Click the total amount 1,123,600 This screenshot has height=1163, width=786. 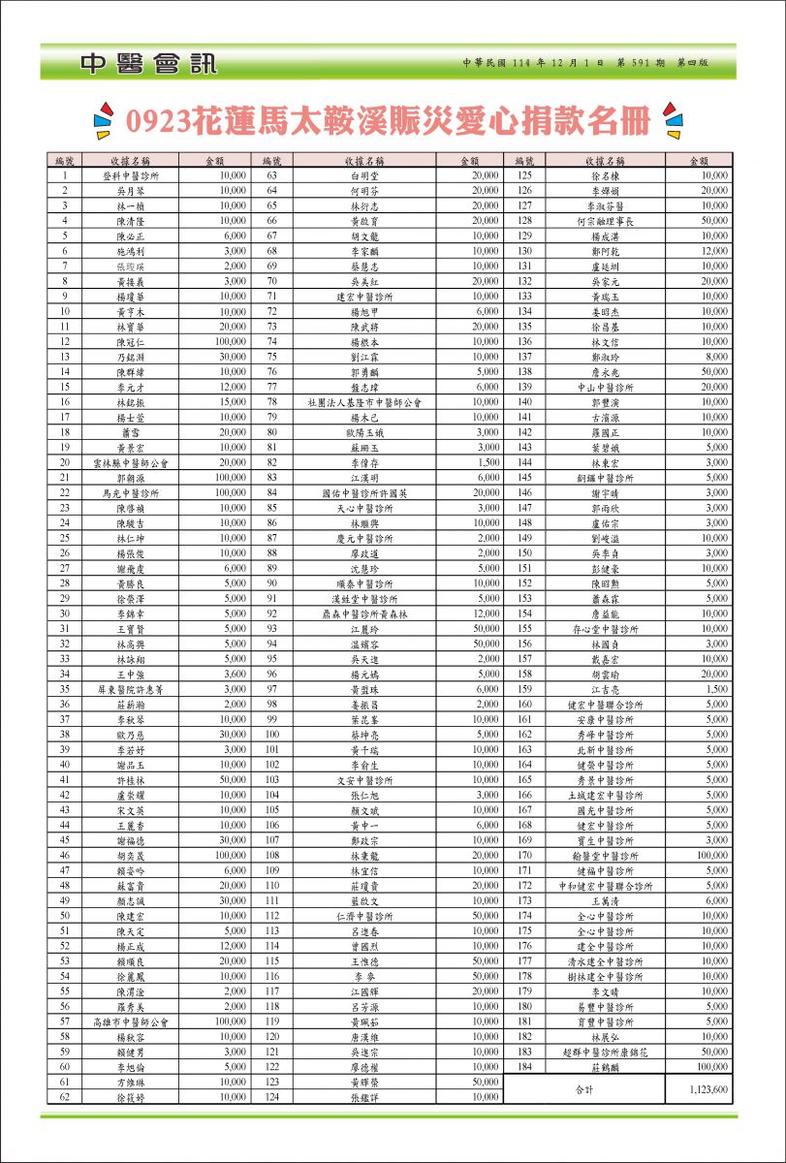coord(708,1089)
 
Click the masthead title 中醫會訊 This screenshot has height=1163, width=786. coord(149,64)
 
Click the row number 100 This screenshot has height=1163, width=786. coord(272,736)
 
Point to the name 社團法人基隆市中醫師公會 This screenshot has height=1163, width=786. coord(364,401)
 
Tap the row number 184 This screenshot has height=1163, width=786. coord(525,1066)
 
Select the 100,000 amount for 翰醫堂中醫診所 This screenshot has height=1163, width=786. coord(710,855)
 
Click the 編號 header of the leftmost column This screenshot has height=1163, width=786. coord(65,160)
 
